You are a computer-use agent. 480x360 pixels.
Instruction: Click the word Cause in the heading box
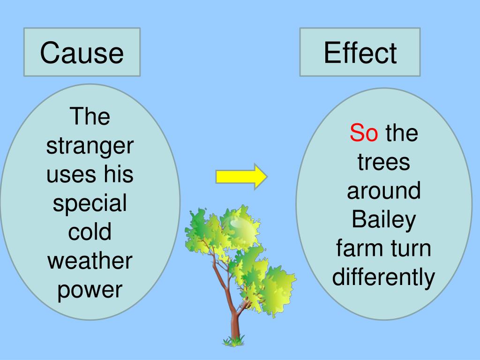click(82, 52)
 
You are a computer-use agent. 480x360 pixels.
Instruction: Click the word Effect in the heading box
click(360, 52)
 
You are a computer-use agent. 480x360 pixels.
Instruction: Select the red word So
click(364, 134)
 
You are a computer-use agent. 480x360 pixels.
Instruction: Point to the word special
click(90, 204)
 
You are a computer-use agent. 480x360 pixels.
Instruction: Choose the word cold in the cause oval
click(90, 232)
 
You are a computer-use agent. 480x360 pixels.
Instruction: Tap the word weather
click(90, 261)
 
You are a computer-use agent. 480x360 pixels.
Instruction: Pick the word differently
click(383, 277)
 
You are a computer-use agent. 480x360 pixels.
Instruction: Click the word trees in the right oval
click(383, 163)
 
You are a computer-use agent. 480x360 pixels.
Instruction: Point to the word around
click(383, 191)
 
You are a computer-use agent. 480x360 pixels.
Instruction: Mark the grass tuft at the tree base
click(233, 341)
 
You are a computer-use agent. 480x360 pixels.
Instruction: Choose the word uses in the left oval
click(70, 175)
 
